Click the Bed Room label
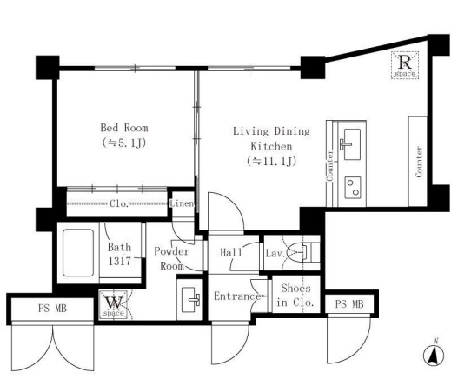124,128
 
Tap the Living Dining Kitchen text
271,138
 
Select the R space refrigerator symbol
405,65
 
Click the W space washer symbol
113,304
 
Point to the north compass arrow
434,355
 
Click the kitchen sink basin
352,144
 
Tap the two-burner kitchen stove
353,187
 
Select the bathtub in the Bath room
78,252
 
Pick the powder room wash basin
189,300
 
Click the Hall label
231,252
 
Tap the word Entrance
237,296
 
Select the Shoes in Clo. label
295,295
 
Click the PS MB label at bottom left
52,308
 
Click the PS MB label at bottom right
349,304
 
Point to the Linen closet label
182,203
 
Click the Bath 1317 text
119,254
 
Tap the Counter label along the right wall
419,162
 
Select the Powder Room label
172,258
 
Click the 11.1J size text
271,161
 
